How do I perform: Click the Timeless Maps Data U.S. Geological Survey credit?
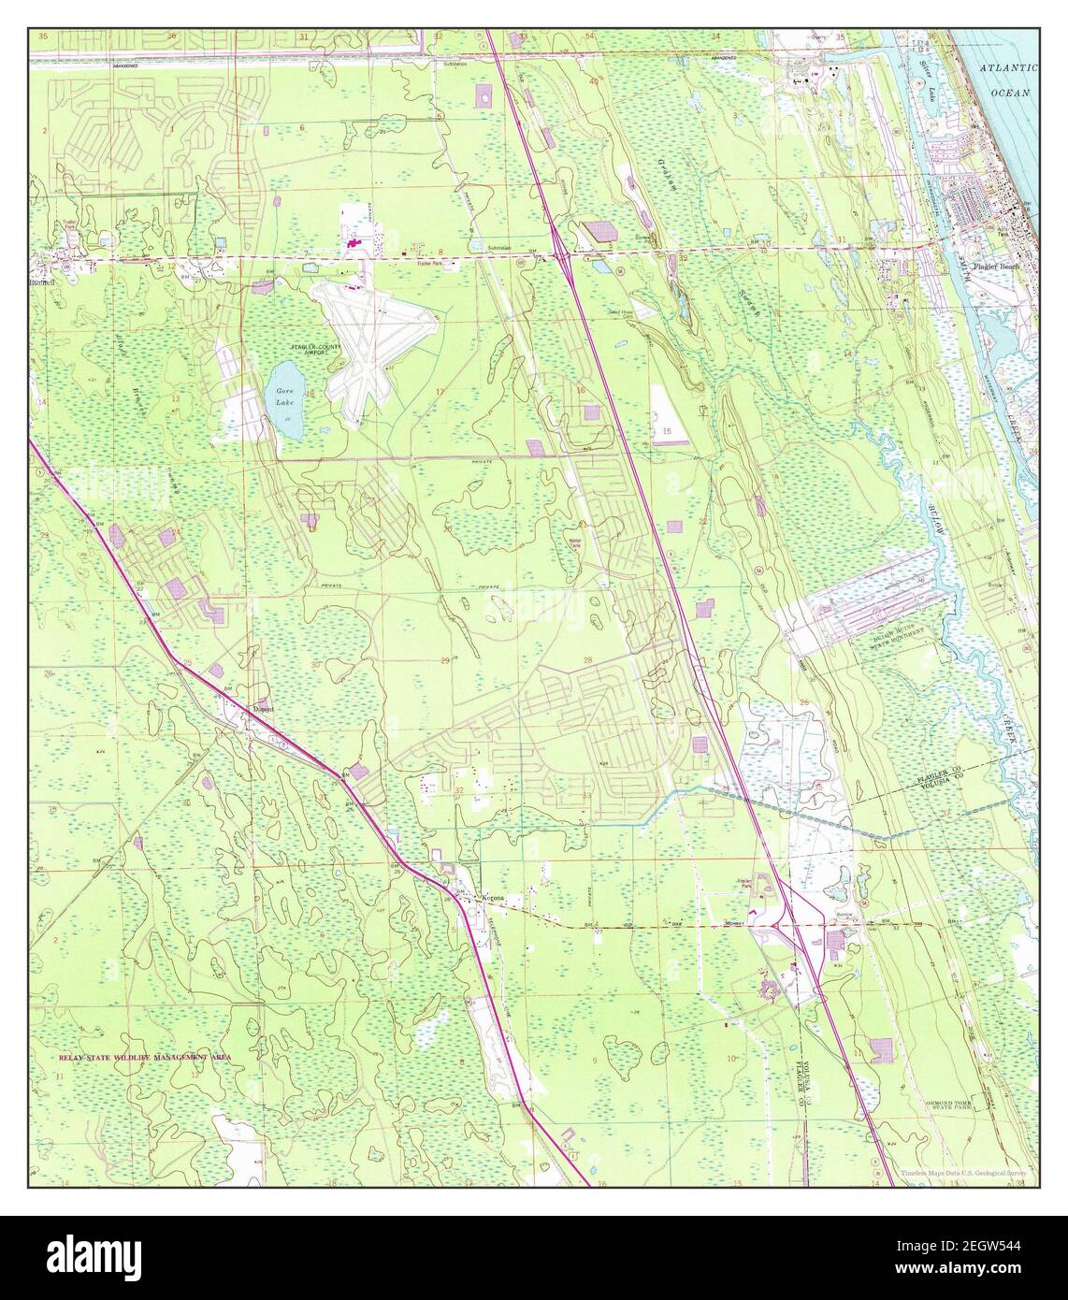click(963, 1173)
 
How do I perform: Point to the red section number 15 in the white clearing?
click(667, 430)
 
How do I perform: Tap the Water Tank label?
click(574, 543)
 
